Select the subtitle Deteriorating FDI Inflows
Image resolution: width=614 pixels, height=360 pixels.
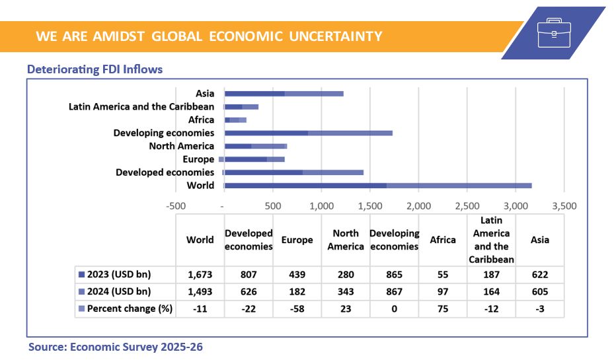point(95,69)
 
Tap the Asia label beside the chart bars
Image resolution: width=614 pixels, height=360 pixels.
point(205,94)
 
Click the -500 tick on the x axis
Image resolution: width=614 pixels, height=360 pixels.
point(176,205)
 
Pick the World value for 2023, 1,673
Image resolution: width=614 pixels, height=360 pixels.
point(200,274)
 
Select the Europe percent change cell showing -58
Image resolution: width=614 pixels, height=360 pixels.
point(297,308)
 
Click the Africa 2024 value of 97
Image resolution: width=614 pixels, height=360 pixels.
point(443,291)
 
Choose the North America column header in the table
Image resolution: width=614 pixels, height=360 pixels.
point(346,240)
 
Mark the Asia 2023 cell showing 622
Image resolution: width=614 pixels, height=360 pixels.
point(539,274)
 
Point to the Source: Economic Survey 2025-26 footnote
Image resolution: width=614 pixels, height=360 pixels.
point(115,347)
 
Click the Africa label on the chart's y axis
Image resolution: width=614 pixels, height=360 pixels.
point(201,120)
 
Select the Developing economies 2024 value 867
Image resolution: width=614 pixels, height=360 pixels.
point(394,291)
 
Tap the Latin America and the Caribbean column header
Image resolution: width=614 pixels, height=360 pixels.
point(491,240)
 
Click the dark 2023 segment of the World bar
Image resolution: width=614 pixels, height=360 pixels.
point(305,186)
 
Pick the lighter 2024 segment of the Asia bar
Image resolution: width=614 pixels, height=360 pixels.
point(314,94)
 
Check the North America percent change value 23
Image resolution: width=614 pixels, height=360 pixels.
point(346,308)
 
